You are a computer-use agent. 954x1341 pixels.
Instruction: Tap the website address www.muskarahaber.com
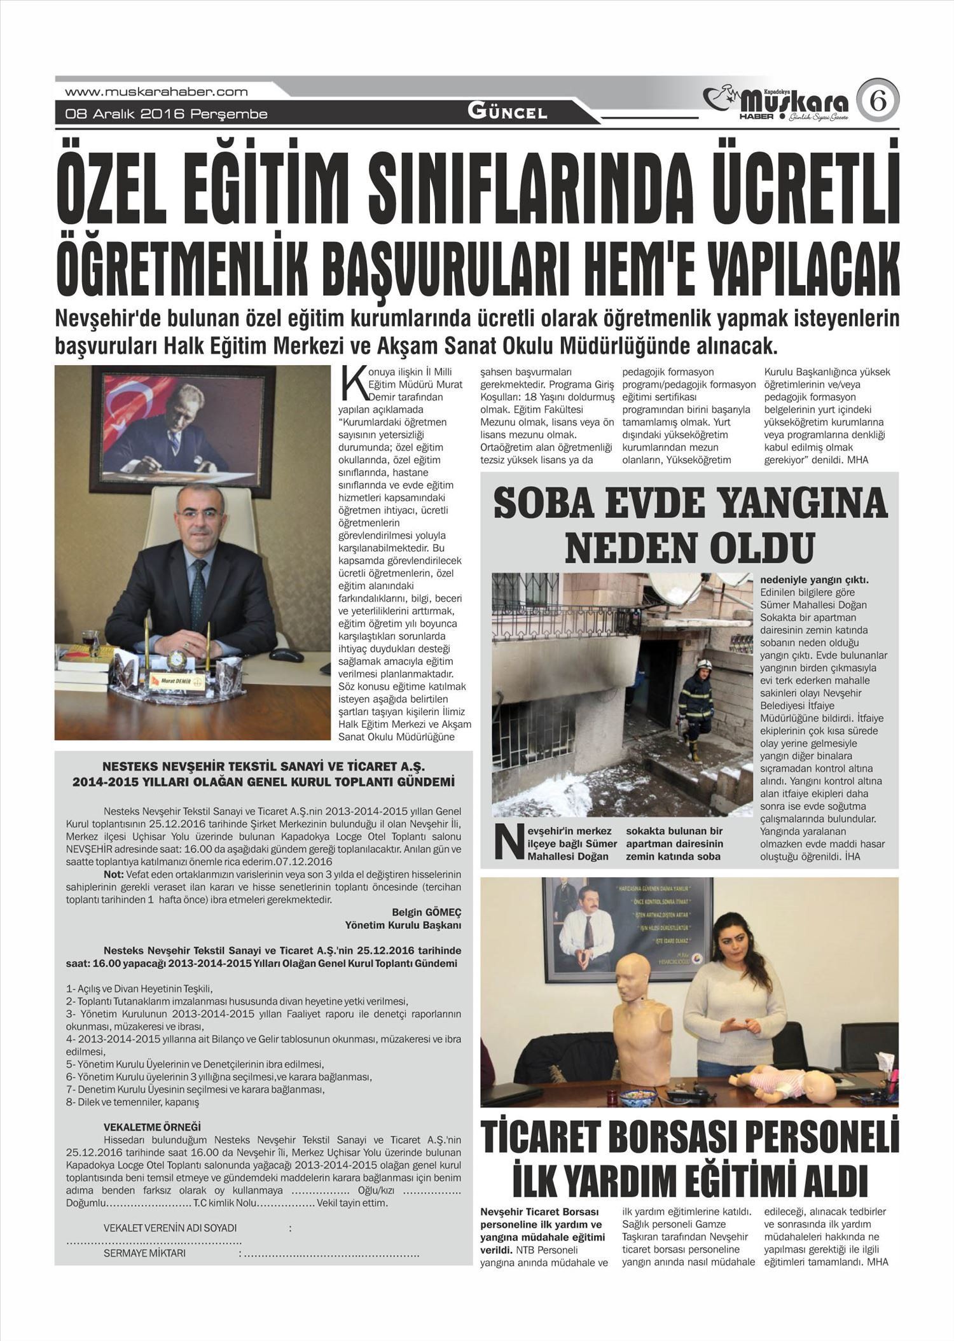click(156, 92)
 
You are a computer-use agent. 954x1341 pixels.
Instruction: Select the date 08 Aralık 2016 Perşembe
click(166, 115)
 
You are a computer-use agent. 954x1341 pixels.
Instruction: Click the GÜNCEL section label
click(507, 113)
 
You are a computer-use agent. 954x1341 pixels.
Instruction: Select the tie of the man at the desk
click(198, 584)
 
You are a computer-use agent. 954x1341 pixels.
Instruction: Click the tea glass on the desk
click(89, 639)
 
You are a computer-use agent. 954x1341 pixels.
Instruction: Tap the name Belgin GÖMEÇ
click(426, 911)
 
